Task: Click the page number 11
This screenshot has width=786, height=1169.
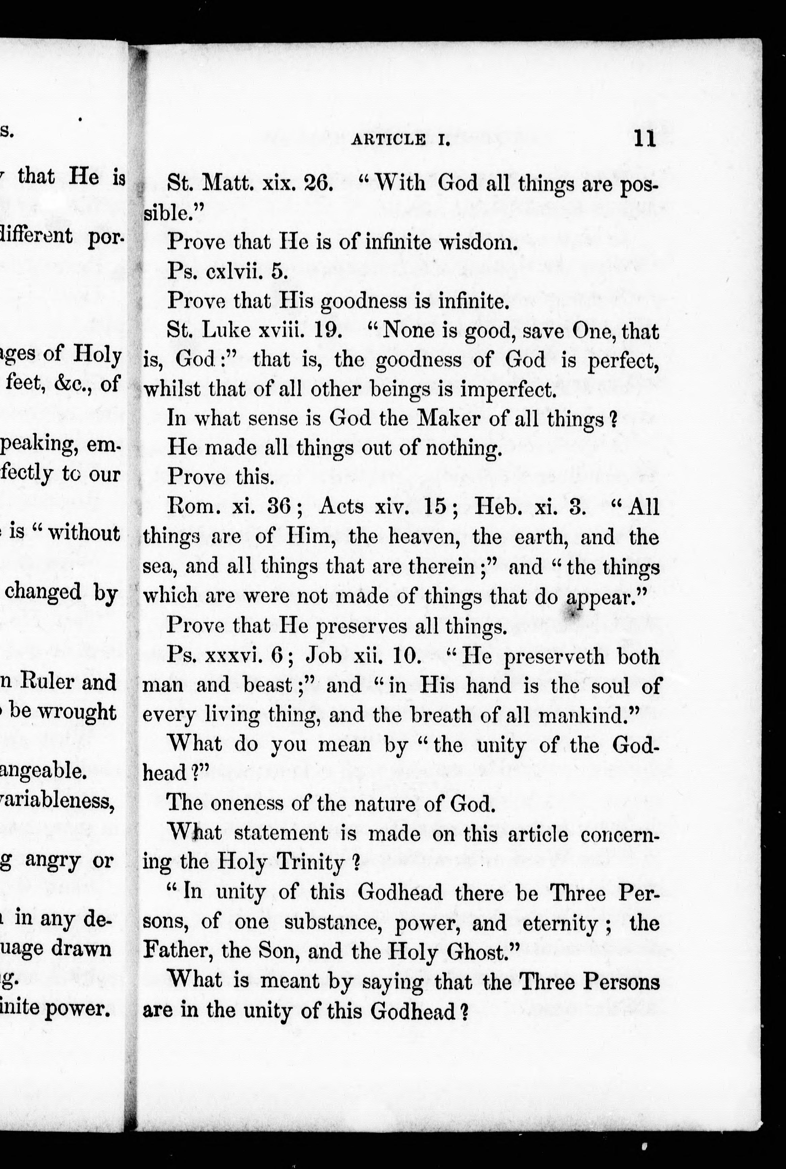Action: (645, 138)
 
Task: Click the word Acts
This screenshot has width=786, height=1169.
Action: (341, 507)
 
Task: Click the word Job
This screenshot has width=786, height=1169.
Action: (325, 656)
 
